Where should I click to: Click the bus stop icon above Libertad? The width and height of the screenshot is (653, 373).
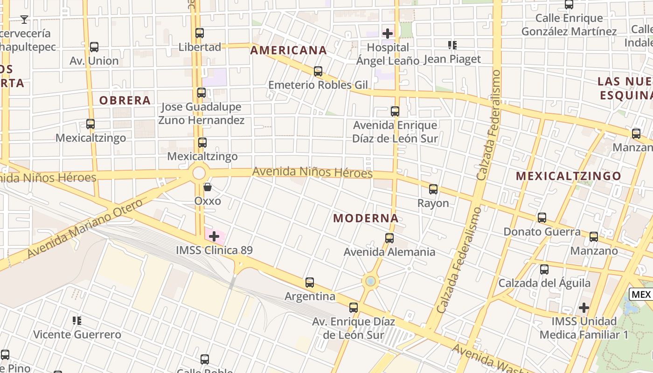[x=200, y=33]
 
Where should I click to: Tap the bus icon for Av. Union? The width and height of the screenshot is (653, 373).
[x=94, y=47]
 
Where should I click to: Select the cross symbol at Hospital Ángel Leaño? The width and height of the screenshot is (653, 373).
[x=388, y=34]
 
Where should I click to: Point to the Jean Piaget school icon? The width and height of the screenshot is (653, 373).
[x=452, y=45]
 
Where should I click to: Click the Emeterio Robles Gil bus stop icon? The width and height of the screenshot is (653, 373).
[x=318, y=71]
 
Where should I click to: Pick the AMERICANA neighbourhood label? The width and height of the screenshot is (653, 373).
[x=288, y=50]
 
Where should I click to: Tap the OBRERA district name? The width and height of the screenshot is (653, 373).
[x=125, y=100]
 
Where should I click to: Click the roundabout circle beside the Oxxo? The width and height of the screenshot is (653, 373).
[x=199, y=173]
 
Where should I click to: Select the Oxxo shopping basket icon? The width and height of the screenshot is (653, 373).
[x=208, y=187]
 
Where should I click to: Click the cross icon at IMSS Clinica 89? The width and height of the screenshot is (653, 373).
[x=214, y=236]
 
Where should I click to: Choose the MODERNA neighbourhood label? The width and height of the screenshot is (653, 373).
[x=366, y=218]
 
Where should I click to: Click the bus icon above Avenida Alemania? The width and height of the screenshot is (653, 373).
[x=389, y=238]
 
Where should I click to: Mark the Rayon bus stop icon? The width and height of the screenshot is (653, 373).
[x=433, y=189]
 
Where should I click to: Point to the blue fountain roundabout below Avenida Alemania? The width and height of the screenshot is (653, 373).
[x=370, y=281]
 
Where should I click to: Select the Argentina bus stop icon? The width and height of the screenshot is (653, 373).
[x=310, y=283]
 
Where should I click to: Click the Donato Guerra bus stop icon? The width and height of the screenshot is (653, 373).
[x=542, y=218]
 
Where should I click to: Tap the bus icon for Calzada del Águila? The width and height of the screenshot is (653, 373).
[x=544, y=269]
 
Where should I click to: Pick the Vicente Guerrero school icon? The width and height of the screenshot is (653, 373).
[x=77, y=321]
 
